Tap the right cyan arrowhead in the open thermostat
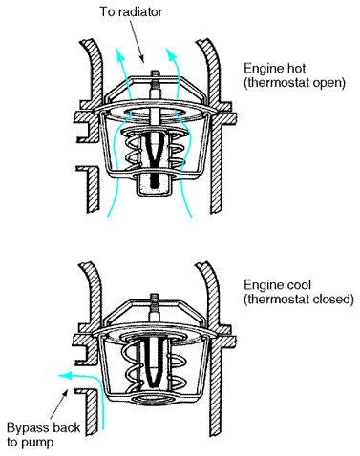[171, 54]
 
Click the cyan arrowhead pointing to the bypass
[64, 376]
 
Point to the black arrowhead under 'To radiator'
[142, 59]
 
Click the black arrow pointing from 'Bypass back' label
[58, 404]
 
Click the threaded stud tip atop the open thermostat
[155, 73]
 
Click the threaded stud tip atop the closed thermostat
[155, 296]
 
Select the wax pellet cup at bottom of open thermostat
[153, 184]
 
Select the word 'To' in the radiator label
[107, 12]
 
